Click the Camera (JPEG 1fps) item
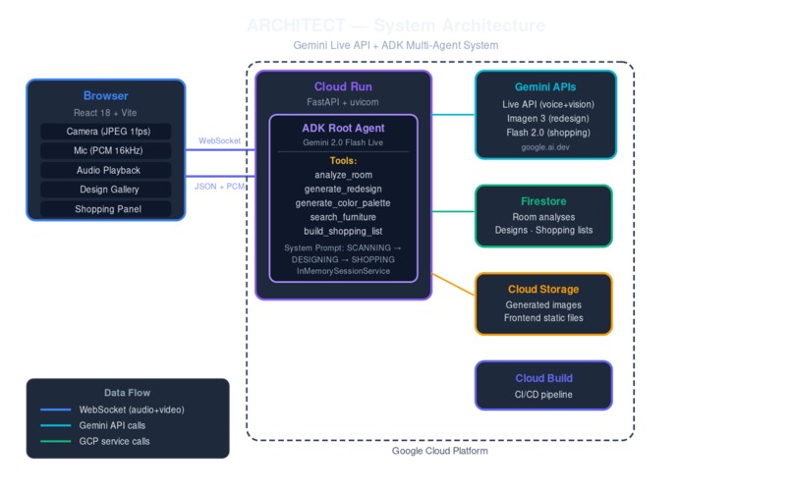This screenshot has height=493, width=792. (105, 132)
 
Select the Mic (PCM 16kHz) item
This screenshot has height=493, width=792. (105, 151)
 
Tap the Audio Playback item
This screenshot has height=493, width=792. (105, 170)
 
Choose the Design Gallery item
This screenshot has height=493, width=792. (105, 190)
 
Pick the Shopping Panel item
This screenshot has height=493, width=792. (105, 209)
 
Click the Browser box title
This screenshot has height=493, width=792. (105, 96)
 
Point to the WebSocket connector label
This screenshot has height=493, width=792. (221, 141)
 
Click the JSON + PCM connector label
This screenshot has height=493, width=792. (221, 186)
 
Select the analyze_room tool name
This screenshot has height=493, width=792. (343, 175)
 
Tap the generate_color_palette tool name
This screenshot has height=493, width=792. (343, 202)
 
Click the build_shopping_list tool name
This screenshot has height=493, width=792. (343, 231)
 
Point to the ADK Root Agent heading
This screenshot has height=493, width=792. (343, 128)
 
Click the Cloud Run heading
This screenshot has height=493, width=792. (343, 86)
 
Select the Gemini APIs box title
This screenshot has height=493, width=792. (545, 87)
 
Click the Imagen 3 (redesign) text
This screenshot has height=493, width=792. (545, 118)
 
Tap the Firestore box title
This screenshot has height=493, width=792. (543, 200)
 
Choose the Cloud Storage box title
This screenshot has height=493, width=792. (543, 290)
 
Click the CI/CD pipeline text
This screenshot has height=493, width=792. (543, 395)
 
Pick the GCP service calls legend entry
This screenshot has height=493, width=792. (114, 441)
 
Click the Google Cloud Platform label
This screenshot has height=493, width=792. (439, 451)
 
